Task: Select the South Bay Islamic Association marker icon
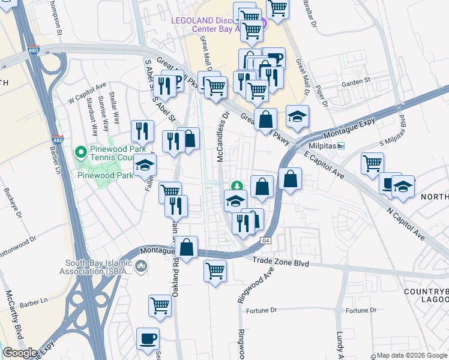click(x=141, y=266)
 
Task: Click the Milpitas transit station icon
click(x=341, y=146)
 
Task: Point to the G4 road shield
click(x=264, y=241)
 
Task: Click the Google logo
click(x=20, y=352)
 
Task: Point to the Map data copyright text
click(x=412, y=355)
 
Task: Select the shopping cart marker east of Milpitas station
click(x=372, y=163)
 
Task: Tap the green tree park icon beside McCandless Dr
click(x=237, y=187)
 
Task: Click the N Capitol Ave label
click(x=406, y=221)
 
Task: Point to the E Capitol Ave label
click(x=323, y=164)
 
